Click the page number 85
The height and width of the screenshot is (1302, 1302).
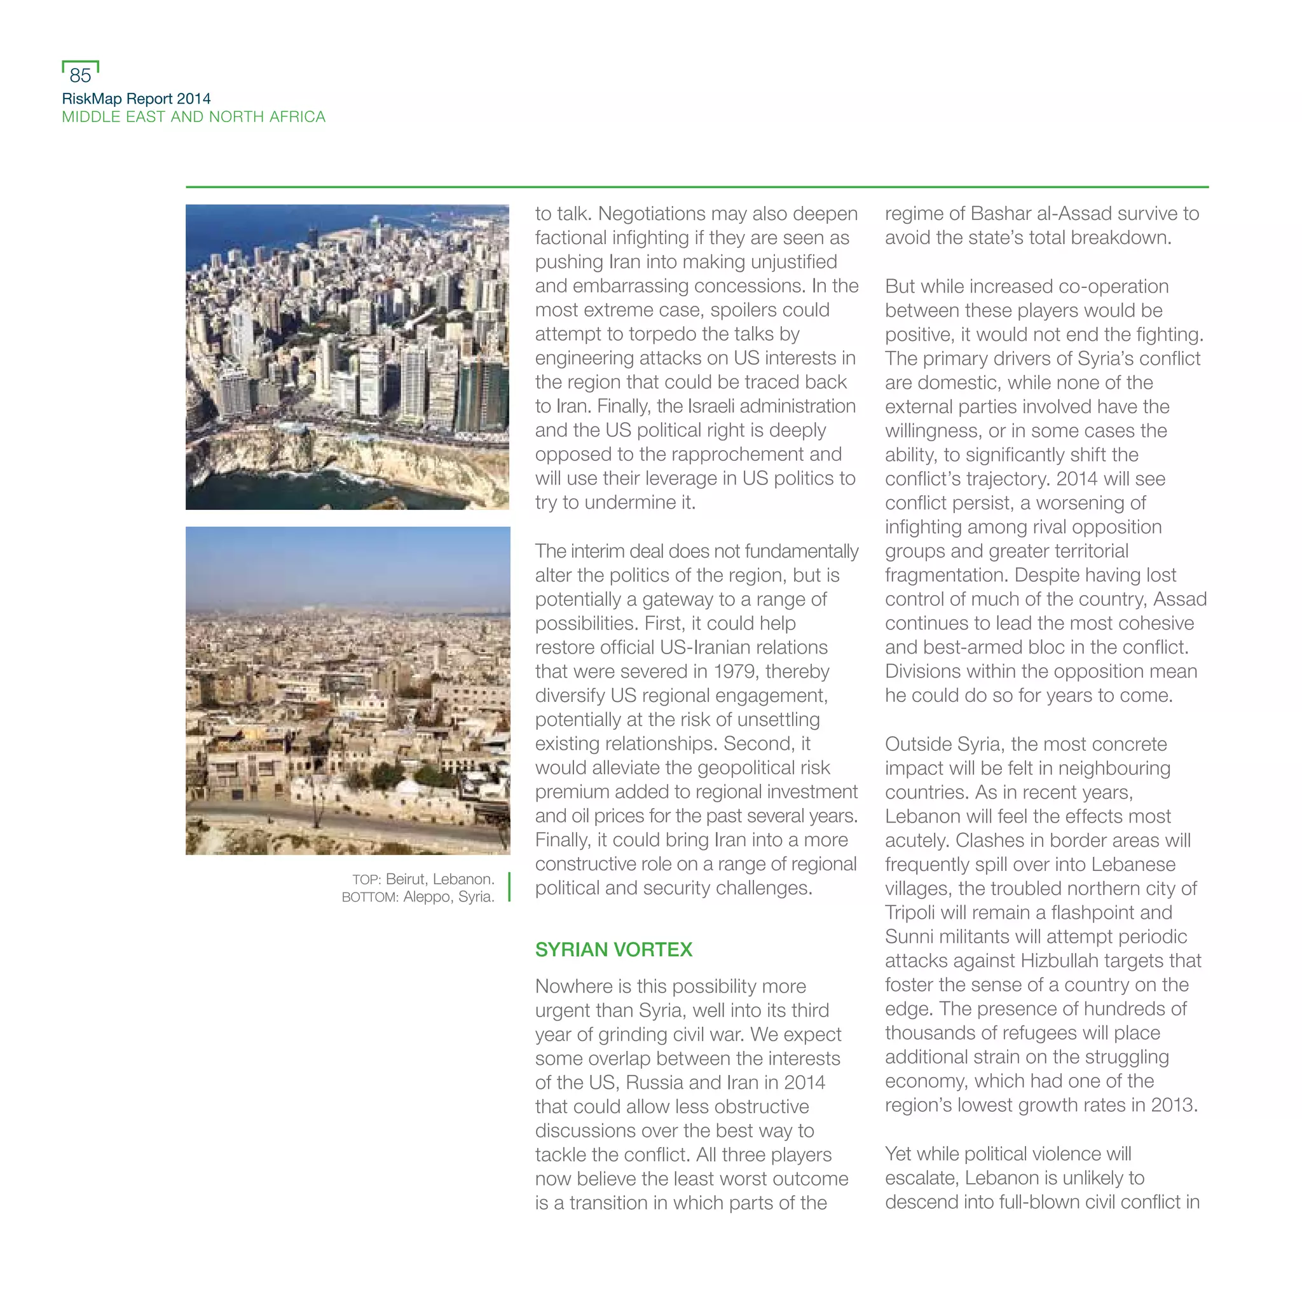[x=80, y=75]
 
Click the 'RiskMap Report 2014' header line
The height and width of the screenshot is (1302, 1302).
[x=136, y=99]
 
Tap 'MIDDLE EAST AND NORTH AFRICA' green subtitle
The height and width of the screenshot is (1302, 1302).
[x=193, y=116]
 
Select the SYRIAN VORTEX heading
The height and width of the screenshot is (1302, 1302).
[x=613, y=950]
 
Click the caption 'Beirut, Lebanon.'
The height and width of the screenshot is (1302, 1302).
[x=440, y=879]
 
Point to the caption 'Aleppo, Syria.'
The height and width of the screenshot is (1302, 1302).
[x=449, y=897]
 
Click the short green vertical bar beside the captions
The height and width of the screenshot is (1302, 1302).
[x=509, y=887]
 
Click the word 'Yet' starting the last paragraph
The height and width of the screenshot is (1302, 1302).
[x=898, y=1154]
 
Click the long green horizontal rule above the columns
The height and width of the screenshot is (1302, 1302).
[x=697, y=187]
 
